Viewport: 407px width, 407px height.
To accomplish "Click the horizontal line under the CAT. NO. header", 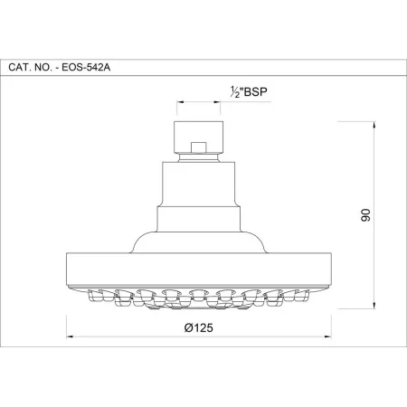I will (x=203, y=77).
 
